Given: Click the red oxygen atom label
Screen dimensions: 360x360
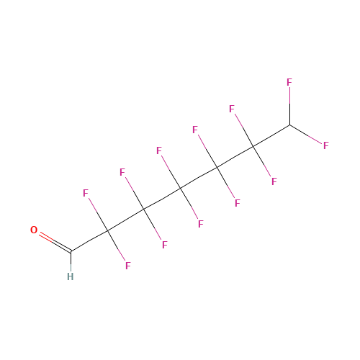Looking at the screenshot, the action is pyautogui.click(x=34, y=230).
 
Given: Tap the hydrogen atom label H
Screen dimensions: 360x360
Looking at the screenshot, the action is pyautogui.click(x=71, y=276).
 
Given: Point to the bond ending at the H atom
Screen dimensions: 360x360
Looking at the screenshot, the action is pyautogui.click(x=71, y=261).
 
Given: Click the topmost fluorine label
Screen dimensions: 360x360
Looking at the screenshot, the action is pyautogui.click(x=289, y=82).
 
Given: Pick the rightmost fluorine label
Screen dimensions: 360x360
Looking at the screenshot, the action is pyautogui.click(x=326, y=145).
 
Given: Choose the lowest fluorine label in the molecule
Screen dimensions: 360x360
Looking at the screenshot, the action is pyautogui.click(x=128, y=266).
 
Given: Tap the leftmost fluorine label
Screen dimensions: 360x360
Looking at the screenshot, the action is pyautogui.click(x=86, y=193).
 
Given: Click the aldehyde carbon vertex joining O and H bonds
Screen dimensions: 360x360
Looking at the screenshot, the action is pyautogui.click(x=71, y=251).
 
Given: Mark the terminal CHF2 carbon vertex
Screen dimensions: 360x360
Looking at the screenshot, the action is pyautogui.click(x=289, y=125).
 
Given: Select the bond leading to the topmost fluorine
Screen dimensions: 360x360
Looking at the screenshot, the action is pyautogui.click(x=289, y=106).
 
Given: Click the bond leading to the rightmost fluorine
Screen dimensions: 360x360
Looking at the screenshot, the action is pyautogui.click(x=306, y=135).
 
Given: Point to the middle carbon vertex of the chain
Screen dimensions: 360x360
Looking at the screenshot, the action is pyautogui.click(x=181, y=188).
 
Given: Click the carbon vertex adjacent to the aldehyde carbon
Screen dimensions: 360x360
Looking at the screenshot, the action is pyautogui.click(x=107, y=230).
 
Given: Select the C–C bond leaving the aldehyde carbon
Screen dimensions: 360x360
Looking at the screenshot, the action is pyautogui.click(x=89, y=240).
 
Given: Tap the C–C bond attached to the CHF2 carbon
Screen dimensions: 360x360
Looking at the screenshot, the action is pyautogui.click(x=271, y=135).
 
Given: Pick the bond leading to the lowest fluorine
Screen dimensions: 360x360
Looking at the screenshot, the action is pyautogui.click(x=116, y=246).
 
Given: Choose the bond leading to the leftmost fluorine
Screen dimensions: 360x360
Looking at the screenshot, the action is pyautogui.click(x=98, y=215).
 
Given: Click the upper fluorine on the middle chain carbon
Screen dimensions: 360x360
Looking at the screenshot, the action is pyautogui.click(x=159, y=150).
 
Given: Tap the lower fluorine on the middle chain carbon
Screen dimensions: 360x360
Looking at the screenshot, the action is pyautogui.click(x=201, y=224).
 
